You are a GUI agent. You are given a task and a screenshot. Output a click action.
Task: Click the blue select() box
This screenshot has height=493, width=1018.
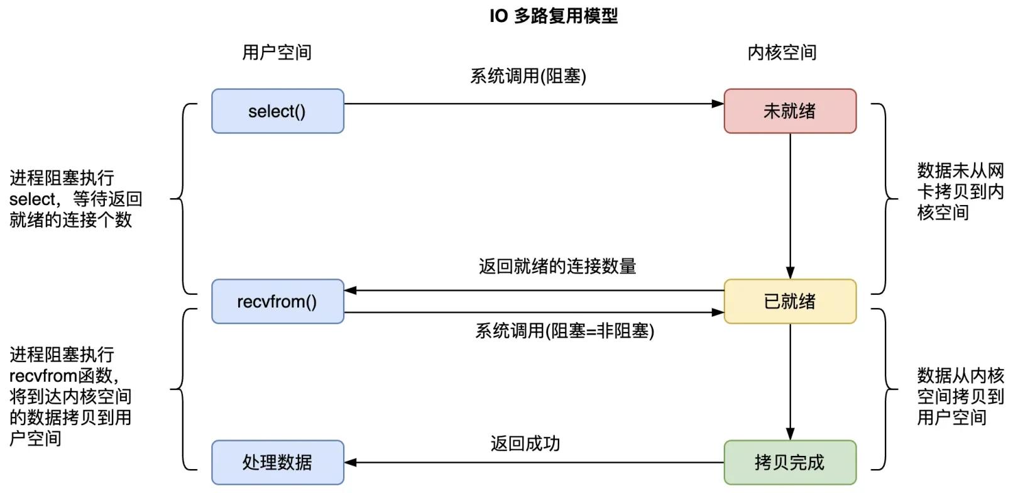pos(277,111)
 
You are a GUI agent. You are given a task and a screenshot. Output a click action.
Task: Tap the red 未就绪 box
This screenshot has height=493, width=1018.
pos(789,111)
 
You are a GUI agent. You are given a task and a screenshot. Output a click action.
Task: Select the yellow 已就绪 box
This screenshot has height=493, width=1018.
pos(789,302)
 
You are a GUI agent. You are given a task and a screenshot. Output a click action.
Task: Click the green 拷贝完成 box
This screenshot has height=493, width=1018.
pos(789,463)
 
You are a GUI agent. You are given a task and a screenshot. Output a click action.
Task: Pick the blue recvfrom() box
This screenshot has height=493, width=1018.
pos(277,302)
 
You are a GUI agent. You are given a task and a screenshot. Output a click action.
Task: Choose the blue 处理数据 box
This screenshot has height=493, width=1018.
pos(277,463)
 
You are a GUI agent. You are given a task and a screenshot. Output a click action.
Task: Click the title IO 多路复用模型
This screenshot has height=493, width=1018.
pos(553,16)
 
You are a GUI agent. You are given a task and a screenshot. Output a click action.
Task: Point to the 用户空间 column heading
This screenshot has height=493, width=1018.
pos(277,52)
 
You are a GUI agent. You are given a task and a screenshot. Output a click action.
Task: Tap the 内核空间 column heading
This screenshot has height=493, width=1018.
pos(782,52)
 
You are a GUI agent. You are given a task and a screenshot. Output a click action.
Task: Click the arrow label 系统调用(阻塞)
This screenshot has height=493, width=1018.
pos(528,76)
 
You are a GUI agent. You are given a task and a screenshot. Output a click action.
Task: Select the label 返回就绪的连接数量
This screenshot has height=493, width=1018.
pos(557,266)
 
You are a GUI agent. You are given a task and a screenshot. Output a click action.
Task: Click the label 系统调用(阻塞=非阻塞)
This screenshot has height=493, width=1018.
pos(564,331)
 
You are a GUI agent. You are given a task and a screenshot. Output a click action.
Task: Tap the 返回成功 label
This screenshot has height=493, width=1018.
pos(525,444)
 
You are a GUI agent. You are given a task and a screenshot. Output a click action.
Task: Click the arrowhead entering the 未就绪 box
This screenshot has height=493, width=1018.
pos(718,104)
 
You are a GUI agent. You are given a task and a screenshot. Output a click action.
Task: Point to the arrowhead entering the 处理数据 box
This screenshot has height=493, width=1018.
pos(351,463)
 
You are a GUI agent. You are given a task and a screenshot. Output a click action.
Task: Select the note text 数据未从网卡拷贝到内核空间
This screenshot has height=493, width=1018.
pos(960,191)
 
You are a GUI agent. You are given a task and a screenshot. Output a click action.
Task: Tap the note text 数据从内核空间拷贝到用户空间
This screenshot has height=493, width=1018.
pos(960,396)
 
